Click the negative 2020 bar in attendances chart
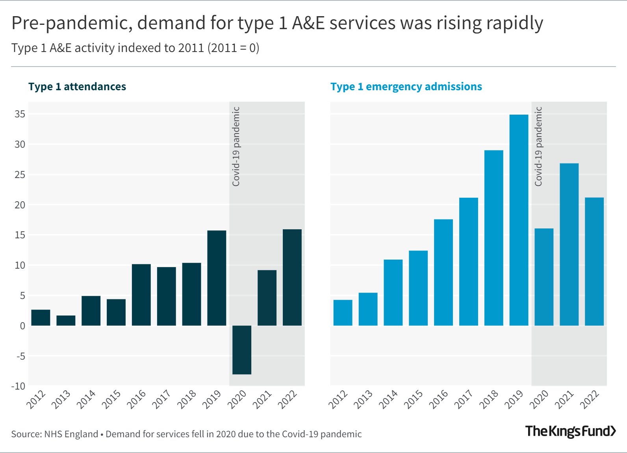coord(242,350)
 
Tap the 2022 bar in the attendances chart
coord(292,277)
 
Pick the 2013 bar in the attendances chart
coord(66,321)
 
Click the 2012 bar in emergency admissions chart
coord(343,313)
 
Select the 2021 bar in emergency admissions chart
coord(569,244)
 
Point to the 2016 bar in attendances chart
coord(141,295)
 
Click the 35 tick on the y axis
coord(20,114)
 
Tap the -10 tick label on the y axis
coord(18,386)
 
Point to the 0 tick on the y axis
coord(22,326)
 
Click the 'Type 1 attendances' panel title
coord(77,87)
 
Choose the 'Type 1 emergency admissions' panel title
coord(406,87)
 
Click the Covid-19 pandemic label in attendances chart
coord(236,147)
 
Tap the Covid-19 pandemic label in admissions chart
coord(538,147)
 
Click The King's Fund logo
coord(570,431)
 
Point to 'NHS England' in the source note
coord(71,434)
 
